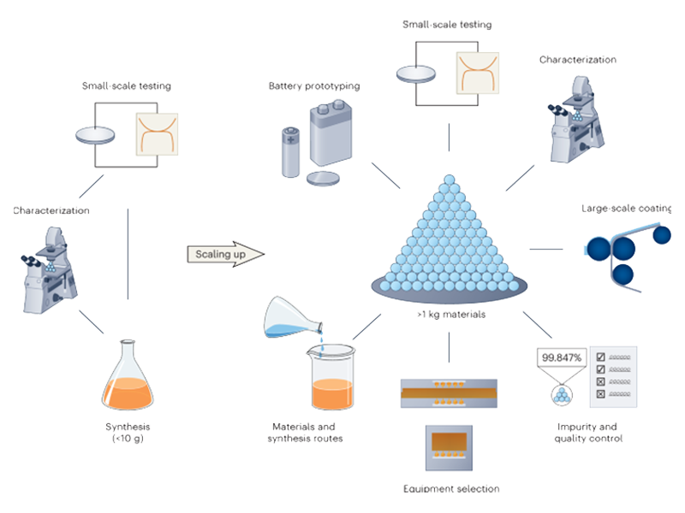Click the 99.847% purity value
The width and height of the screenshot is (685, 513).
point(562,358)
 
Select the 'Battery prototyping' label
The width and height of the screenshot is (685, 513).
point(313,87)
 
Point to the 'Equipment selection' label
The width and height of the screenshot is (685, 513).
point(451,489)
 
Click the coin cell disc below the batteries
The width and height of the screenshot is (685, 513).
point(323,178)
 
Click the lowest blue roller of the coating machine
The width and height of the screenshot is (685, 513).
point(622,274)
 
